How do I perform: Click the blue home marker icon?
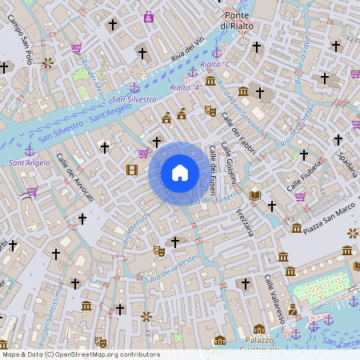coord(180,172)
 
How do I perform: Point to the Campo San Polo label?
coord(20,43)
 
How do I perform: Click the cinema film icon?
coord(132,169)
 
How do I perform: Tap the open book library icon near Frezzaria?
coord(255,194)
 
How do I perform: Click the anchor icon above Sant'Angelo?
coord(29,150)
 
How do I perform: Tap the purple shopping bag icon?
coord(149,16)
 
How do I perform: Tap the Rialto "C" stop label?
coord(216,64)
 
